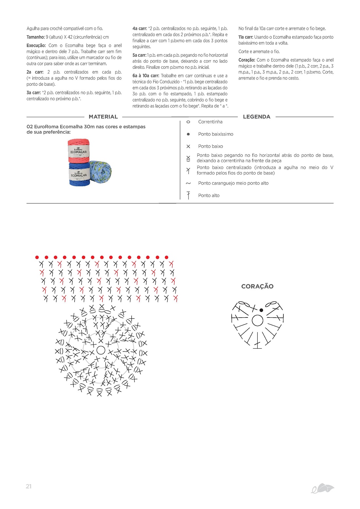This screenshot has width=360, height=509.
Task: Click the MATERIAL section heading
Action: point(103,117)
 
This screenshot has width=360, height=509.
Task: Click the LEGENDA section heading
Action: point(257,117)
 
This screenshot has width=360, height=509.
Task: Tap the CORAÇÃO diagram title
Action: point(257,286)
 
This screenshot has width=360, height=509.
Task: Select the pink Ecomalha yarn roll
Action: point(79,151)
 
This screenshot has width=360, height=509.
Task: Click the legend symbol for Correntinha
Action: point(188,122)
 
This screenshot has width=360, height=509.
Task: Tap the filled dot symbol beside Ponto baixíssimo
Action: point(188,134)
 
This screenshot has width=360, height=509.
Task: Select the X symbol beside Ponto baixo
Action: point(188,146)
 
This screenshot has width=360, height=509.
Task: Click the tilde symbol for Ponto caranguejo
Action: point(188,183)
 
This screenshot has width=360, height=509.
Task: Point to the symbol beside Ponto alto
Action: point(188,195)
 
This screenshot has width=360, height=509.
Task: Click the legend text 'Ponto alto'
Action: point(209,195)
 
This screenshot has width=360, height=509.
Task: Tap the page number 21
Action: point(28,486)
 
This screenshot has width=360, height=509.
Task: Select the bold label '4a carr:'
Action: point(140,28)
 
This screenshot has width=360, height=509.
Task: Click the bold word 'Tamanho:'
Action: point(36,37)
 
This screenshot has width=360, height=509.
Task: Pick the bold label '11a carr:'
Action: point(246,37)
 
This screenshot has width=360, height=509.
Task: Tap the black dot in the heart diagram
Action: point(261,310)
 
